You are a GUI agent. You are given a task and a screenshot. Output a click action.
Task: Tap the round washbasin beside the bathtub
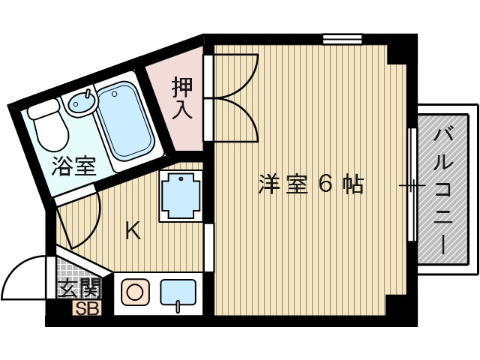82,102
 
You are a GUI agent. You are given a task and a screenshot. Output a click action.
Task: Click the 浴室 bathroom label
73,166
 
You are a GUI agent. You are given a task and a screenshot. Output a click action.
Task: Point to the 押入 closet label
182,98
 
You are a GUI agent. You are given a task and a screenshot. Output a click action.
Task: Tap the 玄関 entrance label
79,288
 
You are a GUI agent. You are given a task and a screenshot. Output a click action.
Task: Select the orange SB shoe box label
87,308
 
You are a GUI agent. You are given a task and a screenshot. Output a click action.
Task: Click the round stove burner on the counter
135,292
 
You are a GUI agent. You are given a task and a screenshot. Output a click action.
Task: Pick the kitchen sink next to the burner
178,293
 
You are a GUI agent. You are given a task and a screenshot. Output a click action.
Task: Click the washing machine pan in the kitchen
181,196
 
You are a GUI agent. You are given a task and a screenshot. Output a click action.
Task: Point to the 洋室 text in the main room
283,184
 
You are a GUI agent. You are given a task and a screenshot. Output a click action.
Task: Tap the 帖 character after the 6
352,184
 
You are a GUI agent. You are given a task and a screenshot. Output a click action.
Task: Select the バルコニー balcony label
443,191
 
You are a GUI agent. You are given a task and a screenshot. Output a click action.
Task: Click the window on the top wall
343,39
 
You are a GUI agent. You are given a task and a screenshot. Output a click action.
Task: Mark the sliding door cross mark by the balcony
412,185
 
